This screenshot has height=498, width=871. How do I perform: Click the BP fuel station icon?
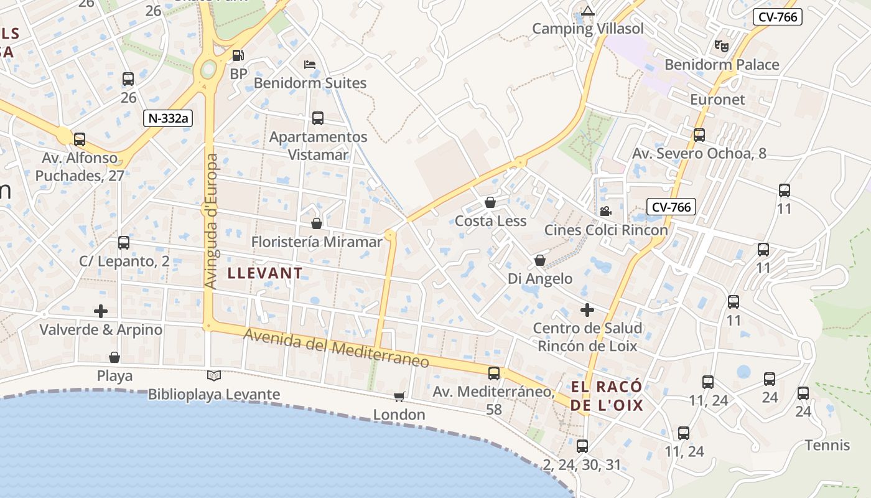click(x=238, y=55)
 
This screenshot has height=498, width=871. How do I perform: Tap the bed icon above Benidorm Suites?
click(x=310, y=64)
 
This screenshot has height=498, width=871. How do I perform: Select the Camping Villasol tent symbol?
click(x=588, y=11)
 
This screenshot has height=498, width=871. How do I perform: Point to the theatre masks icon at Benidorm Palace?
click(x=722, y=45)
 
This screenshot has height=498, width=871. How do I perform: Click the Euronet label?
click(x=717, y=100)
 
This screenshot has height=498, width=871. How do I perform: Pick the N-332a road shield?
click(x=168, y=118)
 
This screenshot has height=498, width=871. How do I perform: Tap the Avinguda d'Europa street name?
click(x=212, y=222)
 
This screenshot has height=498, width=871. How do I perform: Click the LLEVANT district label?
click(x=265, y=273)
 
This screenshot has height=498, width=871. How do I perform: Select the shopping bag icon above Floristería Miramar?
click(x=317, y=223)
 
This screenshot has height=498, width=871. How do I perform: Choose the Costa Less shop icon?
click(x=490, y=202)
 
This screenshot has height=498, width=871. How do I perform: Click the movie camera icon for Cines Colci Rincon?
click(x=605, y=211)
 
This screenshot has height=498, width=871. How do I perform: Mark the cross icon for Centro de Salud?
click(x=587, y=309)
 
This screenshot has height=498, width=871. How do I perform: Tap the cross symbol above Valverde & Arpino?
click(x=101, y=311)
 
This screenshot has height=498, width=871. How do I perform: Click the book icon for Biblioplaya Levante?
click(x=214, y=375)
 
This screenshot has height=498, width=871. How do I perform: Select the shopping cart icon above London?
click(x=399, y=397)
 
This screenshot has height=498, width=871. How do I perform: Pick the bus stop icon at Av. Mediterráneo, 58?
click(x=494, y=373)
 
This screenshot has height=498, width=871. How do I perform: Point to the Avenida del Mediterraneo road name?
click(x=336, y=348)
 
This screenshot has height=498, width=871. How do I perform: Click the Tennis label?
click(x=827, y=445)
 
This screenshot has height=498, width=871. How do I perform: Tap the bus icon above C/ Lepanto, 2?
click(x=124, y=242)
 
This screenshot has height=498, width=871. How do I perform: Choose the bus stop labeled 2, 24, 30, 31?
click(x=582, y=446)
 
